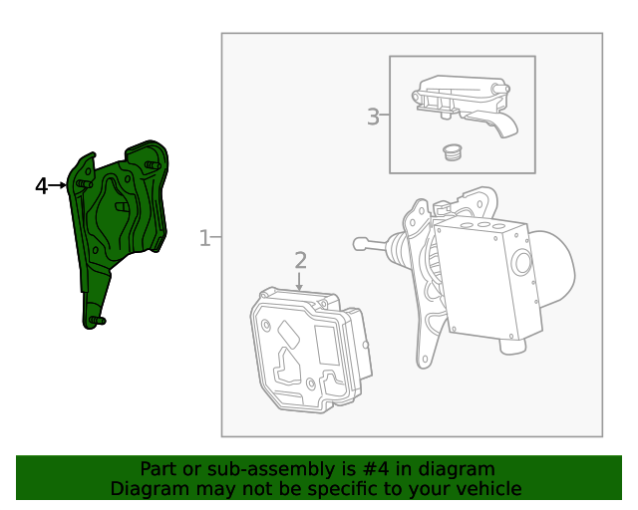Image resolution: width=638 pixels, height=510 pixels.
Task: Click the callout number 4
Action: click(x=41, y=185)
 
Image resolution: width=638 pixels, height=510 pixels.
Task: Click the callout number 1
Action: click(x=204, y=238)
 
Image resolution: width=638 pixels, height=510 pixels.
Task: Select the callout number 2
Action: click(x=300, y=261)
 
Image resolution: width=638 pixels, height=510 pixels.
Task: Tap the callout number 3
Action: click(x=373, y=117)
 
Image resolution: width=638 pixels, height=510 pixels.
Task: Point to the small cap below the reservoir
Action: click(x=454, y=151)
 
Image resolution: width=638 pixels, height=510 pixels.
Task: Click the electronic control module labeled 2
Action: click(x=309, y=349)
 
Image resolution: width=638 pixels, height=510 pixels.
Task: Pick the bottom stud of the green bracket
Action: click(x=95, y=320)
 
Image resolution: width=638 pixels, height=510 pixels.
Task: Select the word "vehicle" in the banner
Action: click(x=487, y=489)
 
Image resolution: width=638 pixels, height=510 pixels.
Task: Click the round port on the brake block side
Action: click(x=522, y=263)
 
